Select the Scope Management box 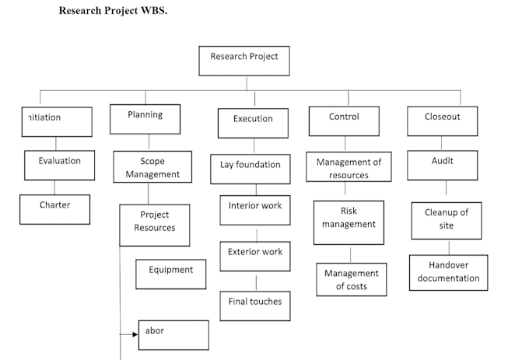[152, 167]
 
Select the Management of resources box [349, 167]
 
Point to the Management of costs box [351, 279]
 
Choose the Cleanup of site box [446, 220]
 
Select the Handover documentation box [448, 272]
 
